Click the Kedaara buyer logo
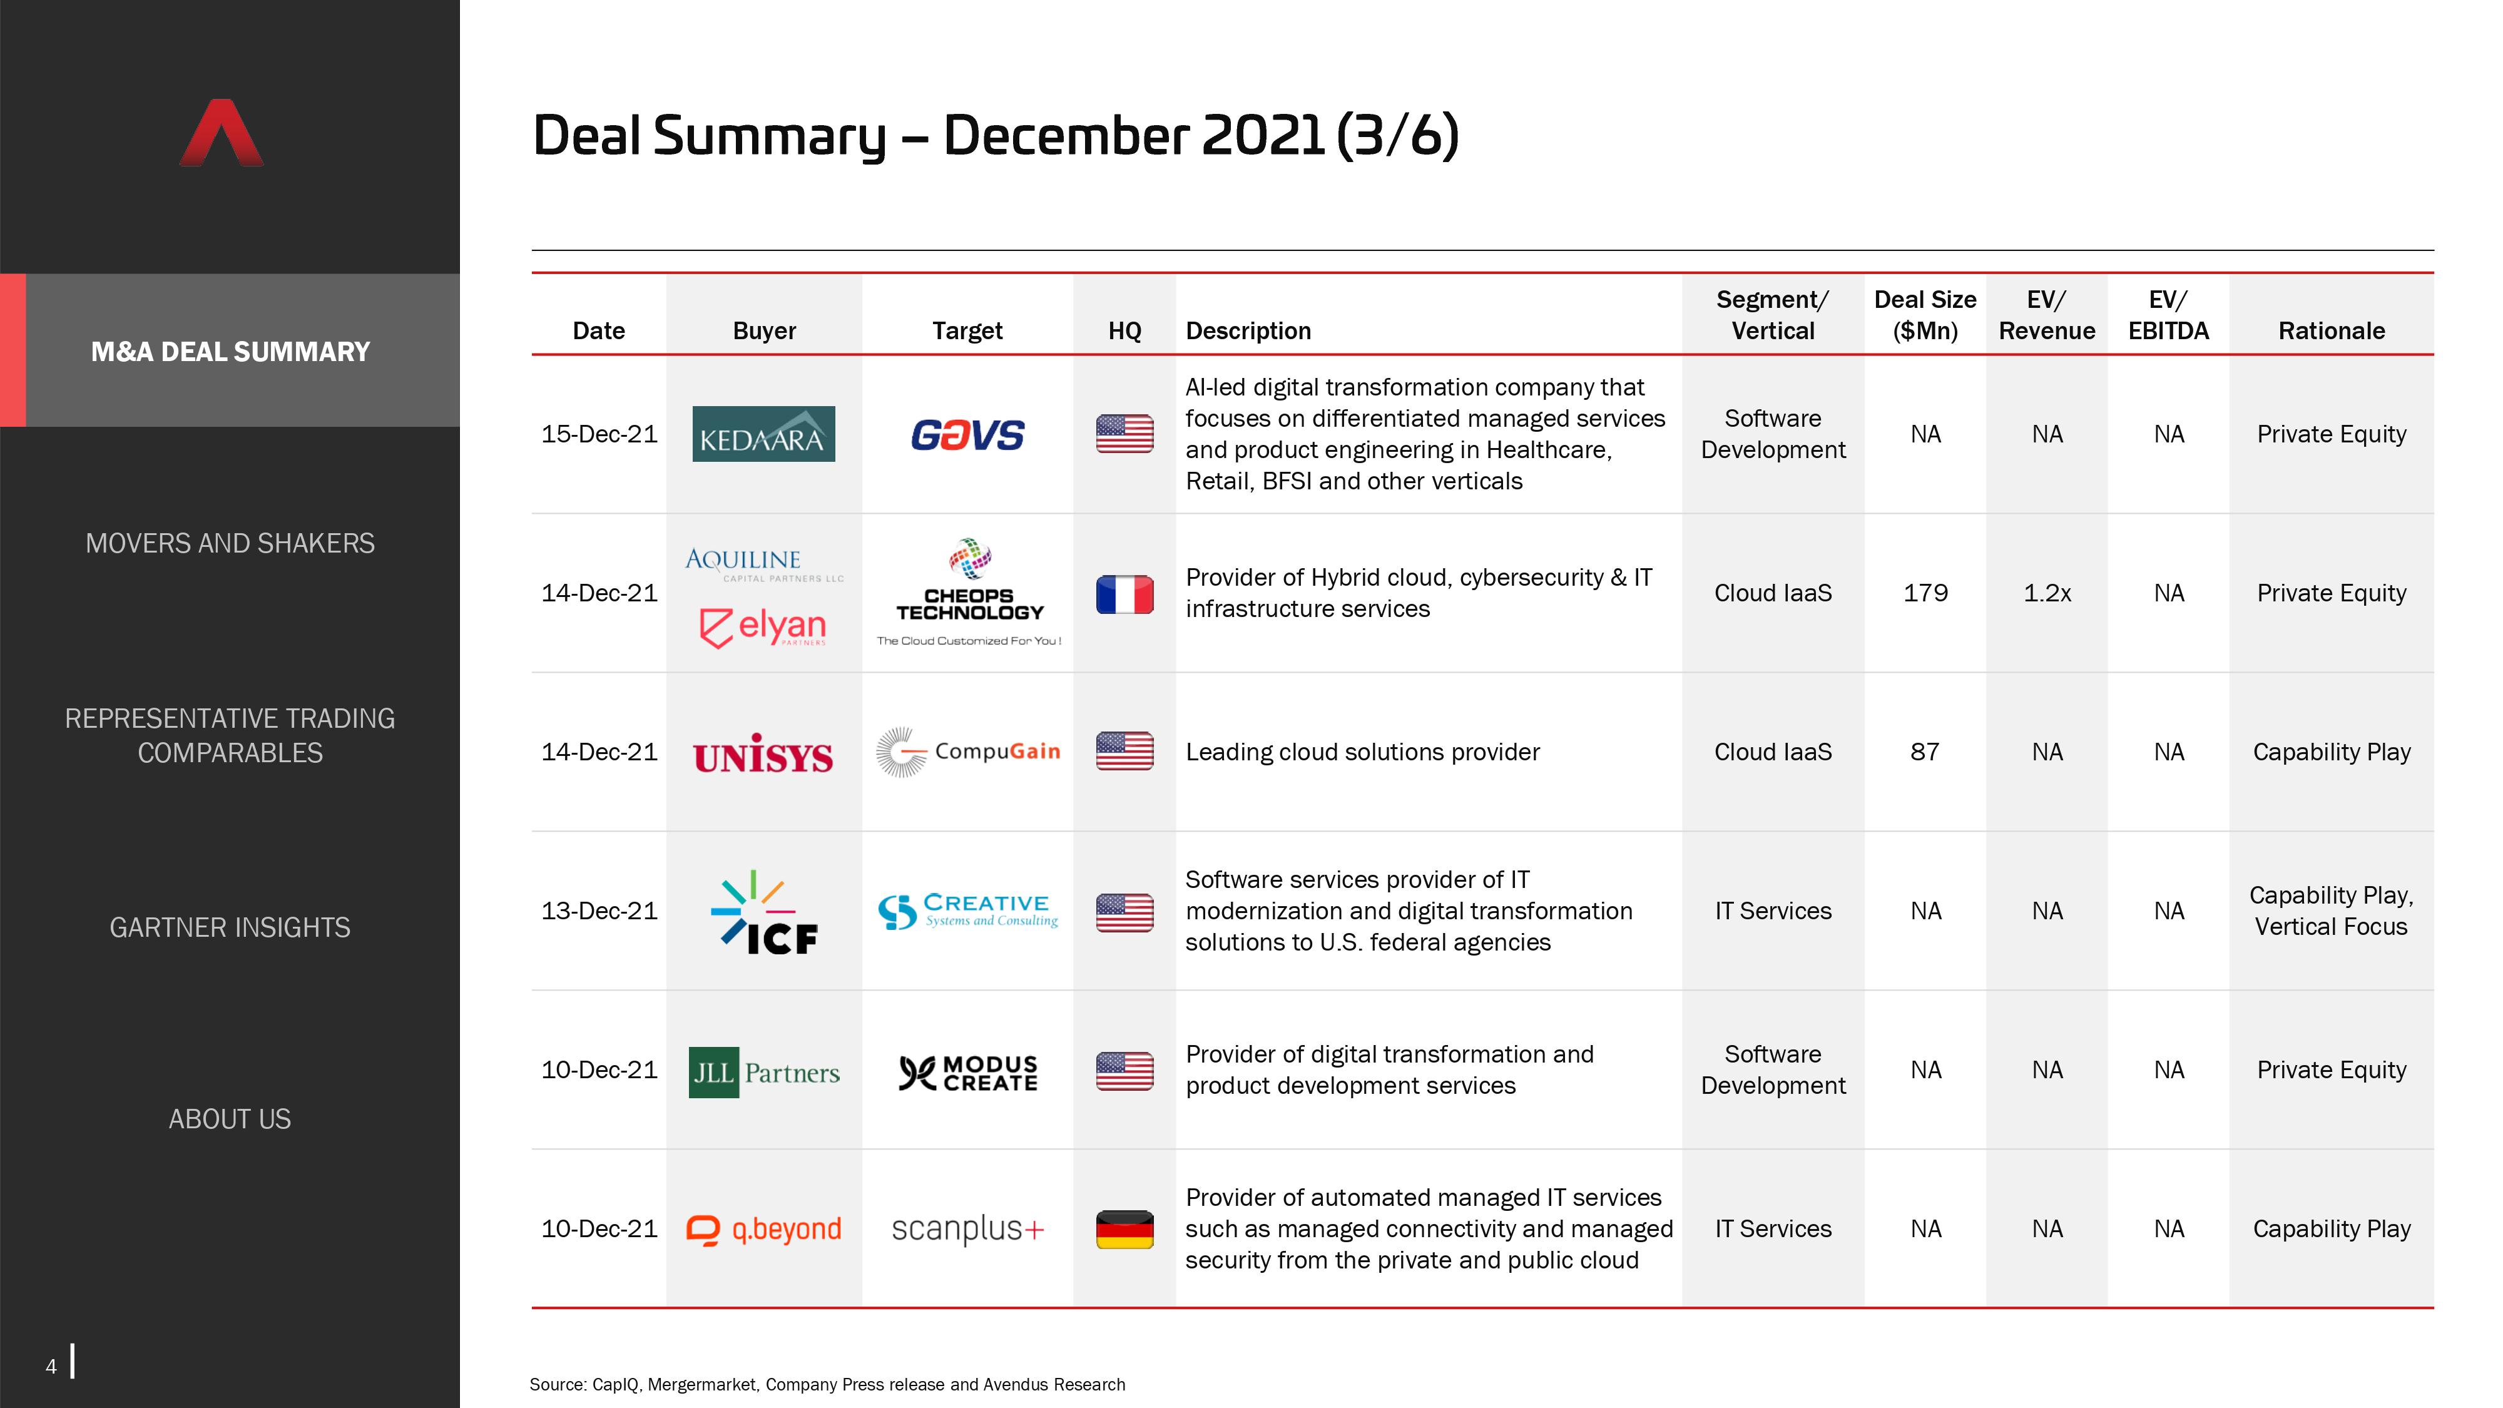click(x=763, y=434)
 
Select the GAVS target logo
click(x=968, y=434)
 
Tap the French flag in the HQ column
click(x=1124, y=594)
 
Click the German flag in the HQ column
click(x=1124, y=1229)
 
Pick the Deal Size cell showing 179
click(x=1925, y=593)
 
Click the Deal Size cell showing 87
click(x=1925, y=752)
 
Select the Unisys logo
click(x=763, y=754)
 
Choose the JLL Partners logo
click(x=763, y=1072)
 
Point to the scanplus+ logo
click(x=968, y=1229)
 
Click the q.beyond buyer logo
click(x=763, y=1229)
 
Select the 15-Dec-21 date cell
click(x=599, y=434)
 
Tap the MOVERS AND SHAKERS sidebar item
click(x=230, y=543)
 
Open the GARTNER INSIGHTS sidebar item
click(x=230, y=928)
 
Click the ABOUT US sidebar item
click(x=230, y=1120)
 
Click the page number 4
click(x=51, y=1366)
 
